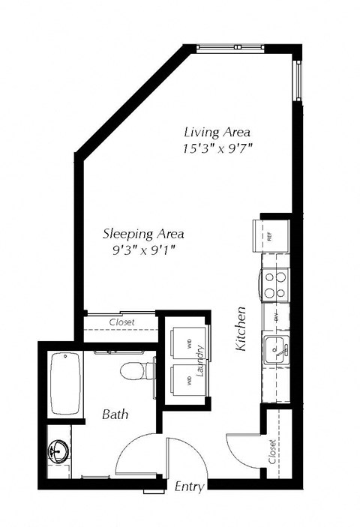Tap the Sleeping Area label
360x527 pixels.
(142, 233)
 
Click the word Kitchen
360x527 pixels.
(241, 330)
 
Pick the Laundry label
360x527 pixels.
(201, 360)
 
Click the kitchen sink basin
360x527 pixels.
(276, 349)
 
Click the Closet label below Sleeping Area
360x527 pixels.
(121, 322)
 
